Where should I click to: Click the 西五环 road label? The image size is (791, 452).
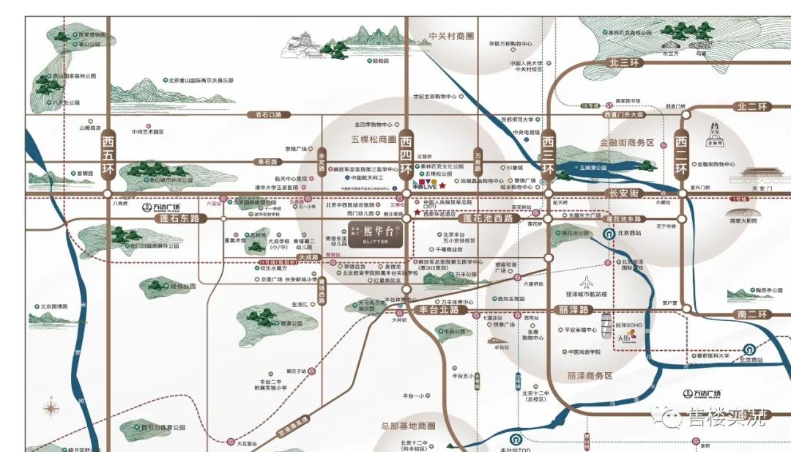tap(108, 153)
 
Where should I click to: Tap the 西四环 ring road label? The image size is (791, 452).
tap(407, 153)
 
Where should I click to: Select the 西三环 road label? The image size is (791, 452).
tap(547, 153)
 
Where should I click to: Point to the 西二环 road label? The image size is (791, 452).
tap(681, 153)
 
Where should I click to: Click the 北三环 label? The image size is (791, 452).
tap(623, 63)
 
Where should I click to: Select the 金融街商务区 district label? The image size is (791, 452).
tap(626, 143)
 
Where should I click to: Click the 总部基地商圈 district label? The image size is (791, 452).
tap(408, 426)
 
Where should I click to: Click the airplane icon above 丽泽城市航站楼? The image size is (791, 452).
tap(586, 282)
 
